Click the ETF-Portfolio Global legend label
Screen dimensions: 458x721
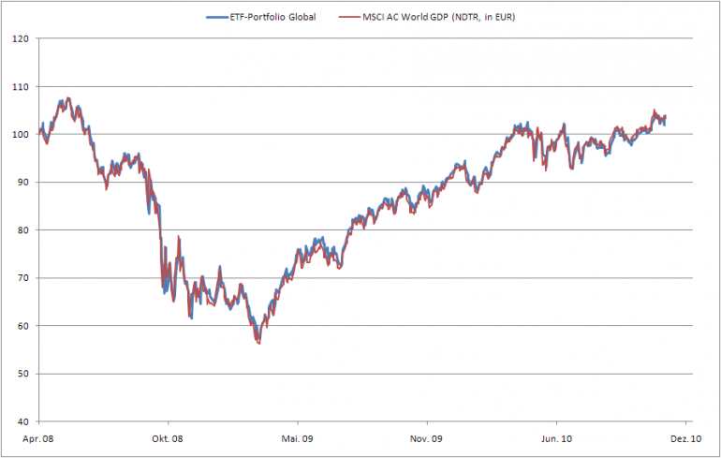278,17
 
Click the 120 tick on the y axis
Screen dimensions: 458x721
20,38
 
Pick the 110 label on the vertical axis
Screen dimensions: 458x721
20,86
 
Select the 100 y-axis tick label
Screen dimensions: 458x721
20,134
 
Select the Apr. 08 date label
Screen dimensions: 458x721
37,437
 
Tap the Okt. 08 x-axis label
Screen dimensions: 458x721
166,437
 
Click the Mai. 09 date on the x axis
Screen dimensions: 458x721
296,437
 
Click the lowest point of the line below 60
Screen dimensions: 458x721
257,344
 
